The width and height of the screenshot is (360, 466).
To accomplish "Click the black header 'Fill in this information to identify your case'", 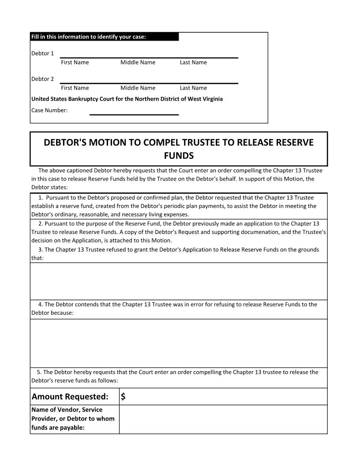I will [105, 37].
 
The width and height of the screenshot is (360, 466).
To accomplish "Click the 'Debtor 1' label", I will [42, 53].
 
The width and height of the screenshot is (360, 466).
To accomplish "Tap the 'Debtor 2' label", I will [42, 79].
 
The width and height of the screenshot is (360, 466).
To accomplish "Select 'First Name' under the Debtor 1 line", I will [75, 62].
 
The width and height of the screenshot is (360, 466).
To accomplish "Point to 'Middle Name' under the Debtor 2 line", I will [138, 88].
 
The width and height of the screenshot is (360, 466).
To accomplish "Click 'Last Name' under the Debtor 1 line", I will [193, 62].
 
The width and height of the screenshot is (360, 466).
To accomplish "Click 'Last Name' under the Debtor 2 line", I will [193, 88].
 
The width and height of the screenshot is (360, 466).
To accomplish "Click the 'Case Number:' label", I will [49, 110].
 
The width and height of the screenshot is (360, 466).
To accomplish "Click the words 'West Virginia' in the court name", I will [205, 99].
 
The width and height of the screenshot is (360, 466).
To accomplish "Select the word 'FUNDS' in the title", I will [179, 156].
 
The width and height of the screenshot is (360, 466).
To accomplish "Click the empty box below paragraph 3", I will [179, 281].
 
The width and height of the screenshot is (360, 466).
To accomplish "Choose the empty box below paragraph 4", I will [179, 343].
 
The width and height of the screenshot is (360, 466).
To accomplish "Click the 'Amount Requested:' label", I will [70, 396].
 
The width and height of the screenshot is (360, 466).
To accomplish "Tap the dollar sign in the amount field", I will [123, 396].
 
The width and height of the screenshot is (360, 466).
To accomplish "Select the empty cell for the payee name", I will [223, 419].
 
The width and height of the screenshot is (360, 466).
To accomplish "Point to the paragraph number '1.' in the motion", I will [41, 198].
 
